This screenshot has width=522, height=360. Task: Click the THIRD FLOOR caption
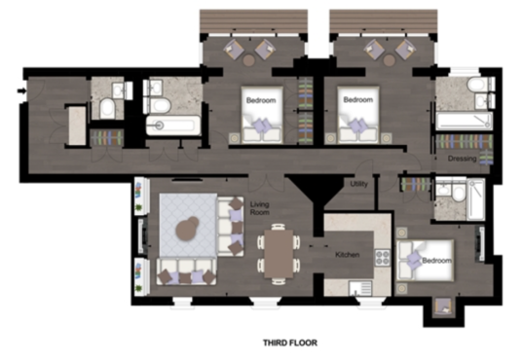click(290, 342)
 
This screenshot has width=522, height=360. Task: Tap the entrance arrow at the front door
click(21, 90)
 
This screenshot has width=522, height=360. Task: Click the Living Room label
click(260, 208)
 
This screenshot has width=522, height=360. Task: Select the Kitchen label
click(348, 255)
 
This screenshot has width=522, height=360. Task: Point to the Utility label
click(358, 184)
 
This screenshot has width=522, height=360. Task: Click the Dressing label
click(462, 159)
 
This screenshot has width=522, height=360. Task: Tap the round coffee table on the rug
click(187, 228)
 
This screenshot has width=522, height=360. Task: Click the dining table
click(279, 254)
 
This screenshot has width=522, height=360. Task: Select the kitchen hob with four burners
click(383, 257)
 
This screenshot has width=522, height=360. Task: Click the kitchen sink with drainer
click(360, 288)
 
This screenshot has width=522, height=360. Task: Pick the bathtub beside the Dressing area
click(465, 121)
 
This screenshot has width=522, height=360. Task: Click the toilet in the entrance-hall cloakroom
click(107, 108)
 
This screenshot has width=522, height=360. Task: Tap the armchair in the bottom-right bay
click(443, 306)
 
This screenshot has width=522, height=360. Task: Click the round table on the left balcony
click(248, 60)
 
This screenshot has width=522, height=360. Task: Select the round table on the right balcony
click(389, 60)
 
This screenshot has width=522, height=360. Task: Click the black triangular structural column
click(316, 189)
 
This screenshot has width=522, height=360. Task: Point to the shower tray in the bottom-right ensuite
click(475, 198)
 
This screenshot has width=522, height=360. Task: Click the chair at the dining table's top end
click(279, 227)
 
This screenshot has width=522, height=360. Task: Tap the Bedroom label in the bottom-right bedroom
click(436, 260)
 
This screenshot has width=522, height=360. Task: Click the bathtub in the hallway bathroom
click(173, 126)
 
